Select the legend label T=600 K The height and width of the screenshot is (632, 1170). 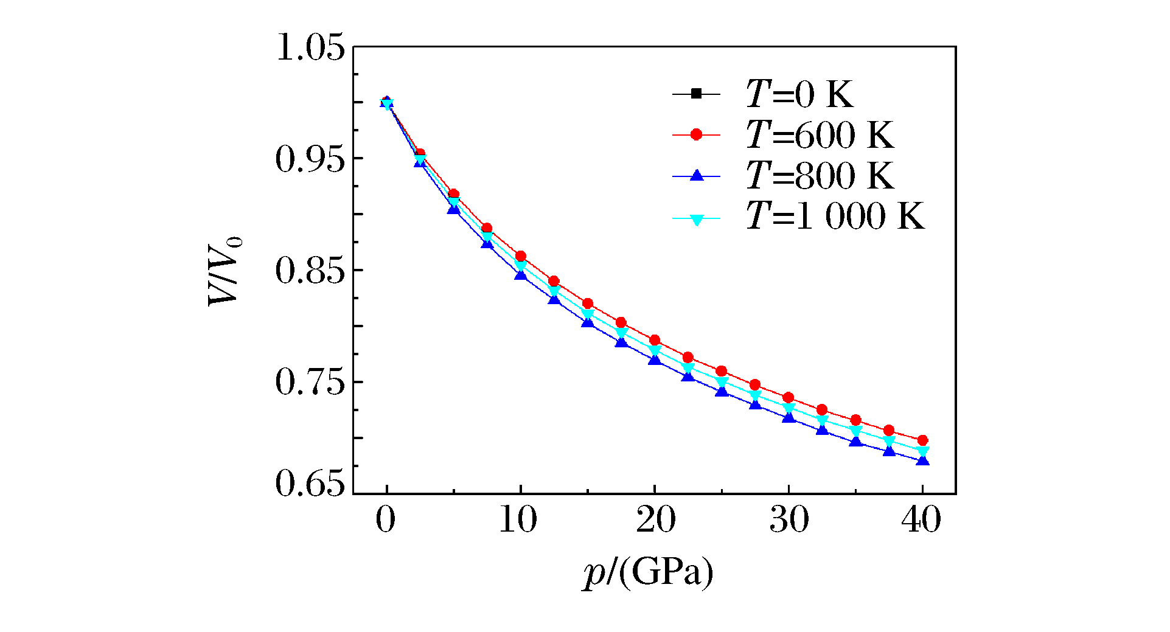click(820, 134)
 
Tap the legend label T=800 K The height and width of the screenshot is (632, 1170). click(820, 176)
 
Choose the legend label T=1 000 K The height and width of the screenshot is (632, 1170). click(835, 217)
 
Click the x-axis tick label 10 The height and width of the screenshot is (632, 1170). click(518, 520)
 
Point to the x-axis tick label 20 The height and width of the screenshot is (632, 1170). click(655, 520)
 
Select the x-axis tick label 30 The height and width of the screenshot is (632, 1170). click(789, 520)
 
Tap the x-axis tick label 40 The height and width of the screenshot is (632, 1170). click(922, 520)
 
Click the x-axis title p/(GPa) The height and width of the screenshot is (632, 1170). click(647, 572)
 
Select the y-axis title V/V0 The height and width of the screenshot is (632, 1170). click(225, 271)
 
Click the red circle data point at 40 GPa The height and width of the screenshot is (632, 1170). click(922, 440)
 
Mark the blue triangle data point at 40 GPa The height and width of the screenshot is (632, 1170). click(922, 460)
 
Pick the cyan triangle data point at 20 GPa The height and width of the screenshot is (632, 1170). click(655, 351)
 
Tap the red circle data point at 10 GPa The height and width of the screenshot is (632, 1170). click(520, 256)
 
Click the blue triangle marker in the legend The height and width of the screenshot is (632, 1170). click(697, 176)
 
